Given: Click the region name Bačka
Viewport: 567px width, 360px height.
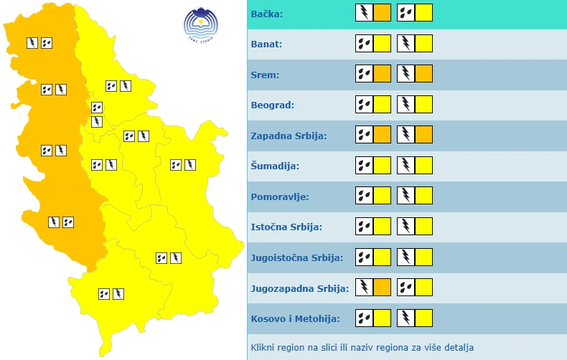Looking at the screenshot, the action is (x=267, y=14).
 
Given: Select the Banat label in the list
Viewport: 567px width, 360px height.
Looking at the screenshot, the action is (x=267, y=44).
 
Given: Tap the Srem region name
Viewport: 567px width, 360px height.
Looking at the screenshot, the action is (x=266, y=75).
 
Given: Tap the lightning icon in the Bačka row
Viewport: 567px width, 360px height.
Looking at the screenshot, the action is (x=365, y=13).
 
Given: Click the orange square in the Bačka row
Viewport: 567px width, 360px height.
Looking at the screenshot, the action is (x=383, y=13).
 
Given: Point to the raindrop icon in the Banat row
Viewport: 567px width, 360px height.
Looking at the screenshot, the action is (x=365, y=44).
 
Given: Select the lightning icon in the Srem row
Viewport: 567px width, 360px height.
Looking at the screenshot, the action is (x=406, y=74).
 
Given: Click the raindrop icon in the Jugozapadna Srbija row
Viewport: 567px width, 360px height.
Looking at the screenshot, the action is (x=406, y=288).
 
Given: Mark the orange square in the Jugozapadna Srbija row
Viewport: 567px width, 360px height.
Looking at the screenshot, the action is (x=383, y=288).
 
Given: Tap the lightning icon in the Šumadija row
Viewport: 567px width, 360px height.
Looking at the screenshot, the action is (x=406, y=166).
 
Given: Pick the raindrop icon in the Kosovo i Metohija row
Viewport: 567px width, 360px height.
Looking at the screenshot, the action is (x=365, y=318).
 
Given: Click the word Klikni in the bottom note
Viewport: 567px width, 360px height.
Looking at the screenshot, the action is (x=263, y=349).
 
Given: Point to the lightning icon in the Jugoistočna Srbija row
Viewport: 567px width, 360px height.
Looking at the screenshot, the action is (x=406, y=257).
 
